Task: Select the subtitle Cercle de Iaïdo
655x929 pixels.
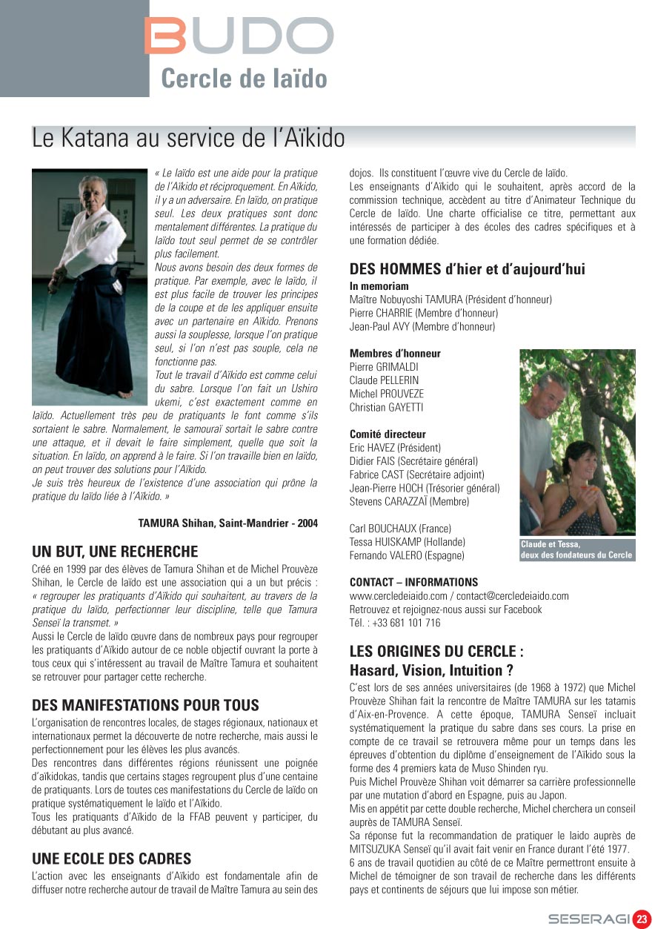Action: (x=244, y=78)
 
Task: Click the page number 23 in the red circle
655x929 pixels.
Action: (x=642, y=919)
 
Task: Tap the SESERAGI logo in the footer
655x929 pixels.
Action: (x=588, y=919)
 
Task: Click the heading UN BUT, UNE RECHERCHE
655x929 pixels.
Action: (x=115, y=552)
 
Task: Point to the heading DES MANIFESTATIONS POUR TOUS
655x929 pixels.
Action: (x=145, y=705)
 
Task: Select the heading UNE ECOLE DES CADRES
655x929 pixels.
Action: (x=111, y=859)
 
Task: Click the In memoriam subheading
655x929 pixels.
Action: (x=379, y=286)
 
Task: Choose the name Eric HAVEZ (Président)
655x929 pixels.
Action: (x=395, y=448)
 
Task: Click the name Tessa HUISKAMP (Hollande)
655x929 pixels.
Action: (x=407, y=542)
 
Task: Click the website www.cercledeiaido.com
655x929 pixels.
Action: (x=398, y=596)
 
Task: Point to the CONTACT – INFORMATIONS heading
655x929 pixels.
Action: (x=413, y=582)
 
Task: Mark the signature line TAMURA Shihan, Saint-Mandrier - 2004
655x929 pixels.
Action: (x=227, y=523)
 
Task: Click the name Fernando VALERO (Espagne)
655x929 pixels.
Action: (x=407, y=555)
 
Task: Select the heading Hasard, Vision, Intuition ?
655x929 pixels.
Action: (x=431, y=670)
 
